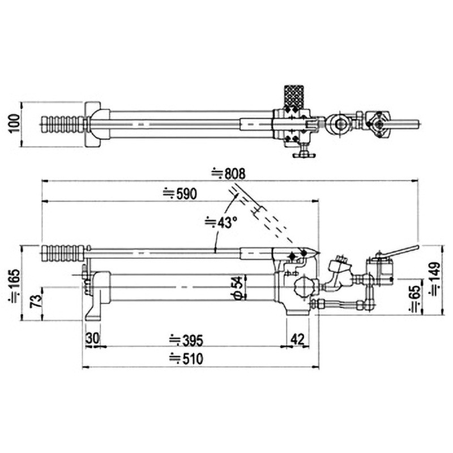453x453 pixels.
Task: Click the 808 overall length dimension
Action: point(230,172)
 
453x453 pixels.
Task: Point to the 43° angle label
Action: point(220,223)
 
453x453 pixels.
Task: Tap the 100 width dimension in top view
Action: point(14,122)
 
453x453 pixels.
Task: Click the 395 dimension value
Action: point(185,340)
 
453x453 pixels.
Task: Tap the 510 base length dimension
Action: point(185,358)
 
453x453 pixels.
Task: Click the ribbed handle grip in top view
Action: point(63,123)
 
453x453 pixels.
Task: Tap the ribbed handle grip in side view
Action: point(63,252)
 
